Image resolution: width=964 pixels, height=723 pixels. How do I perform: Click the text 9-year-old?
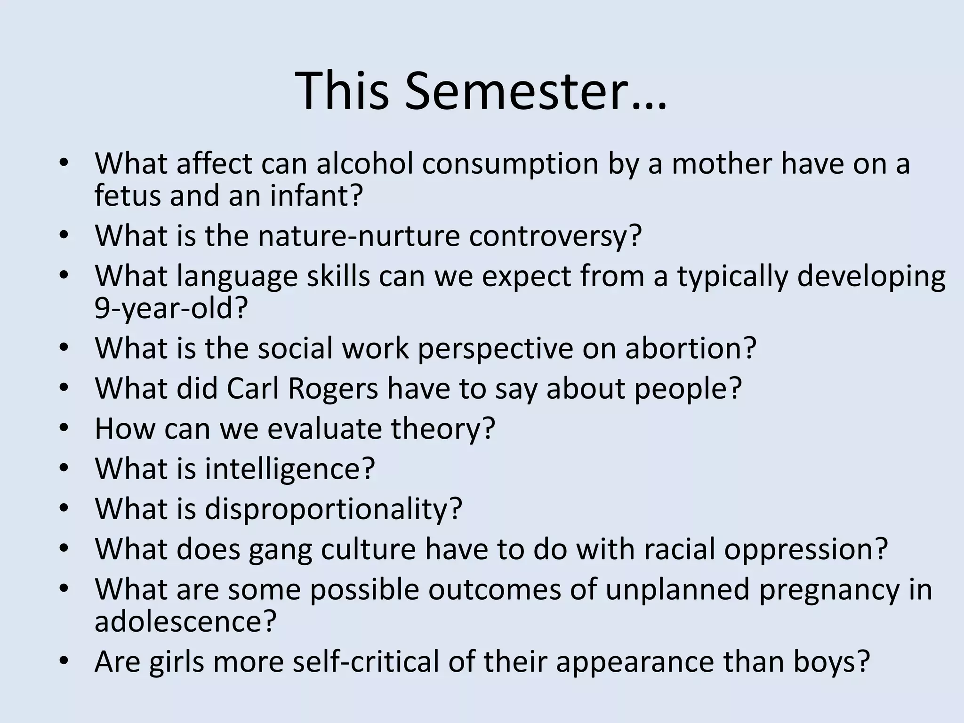click(x=171, y=308)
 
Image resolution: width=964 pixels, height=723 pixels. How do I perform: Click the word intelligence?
click(x=289, y=469)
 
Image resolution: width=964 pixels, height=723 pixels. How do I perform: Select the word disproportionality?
click(x=333, y=509)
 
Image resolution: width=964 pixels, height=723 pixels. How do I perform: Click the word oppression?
click(x=806, y=549)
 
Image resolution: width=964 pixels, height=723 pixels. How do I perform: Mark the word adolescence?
click(x=185, y=621)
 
